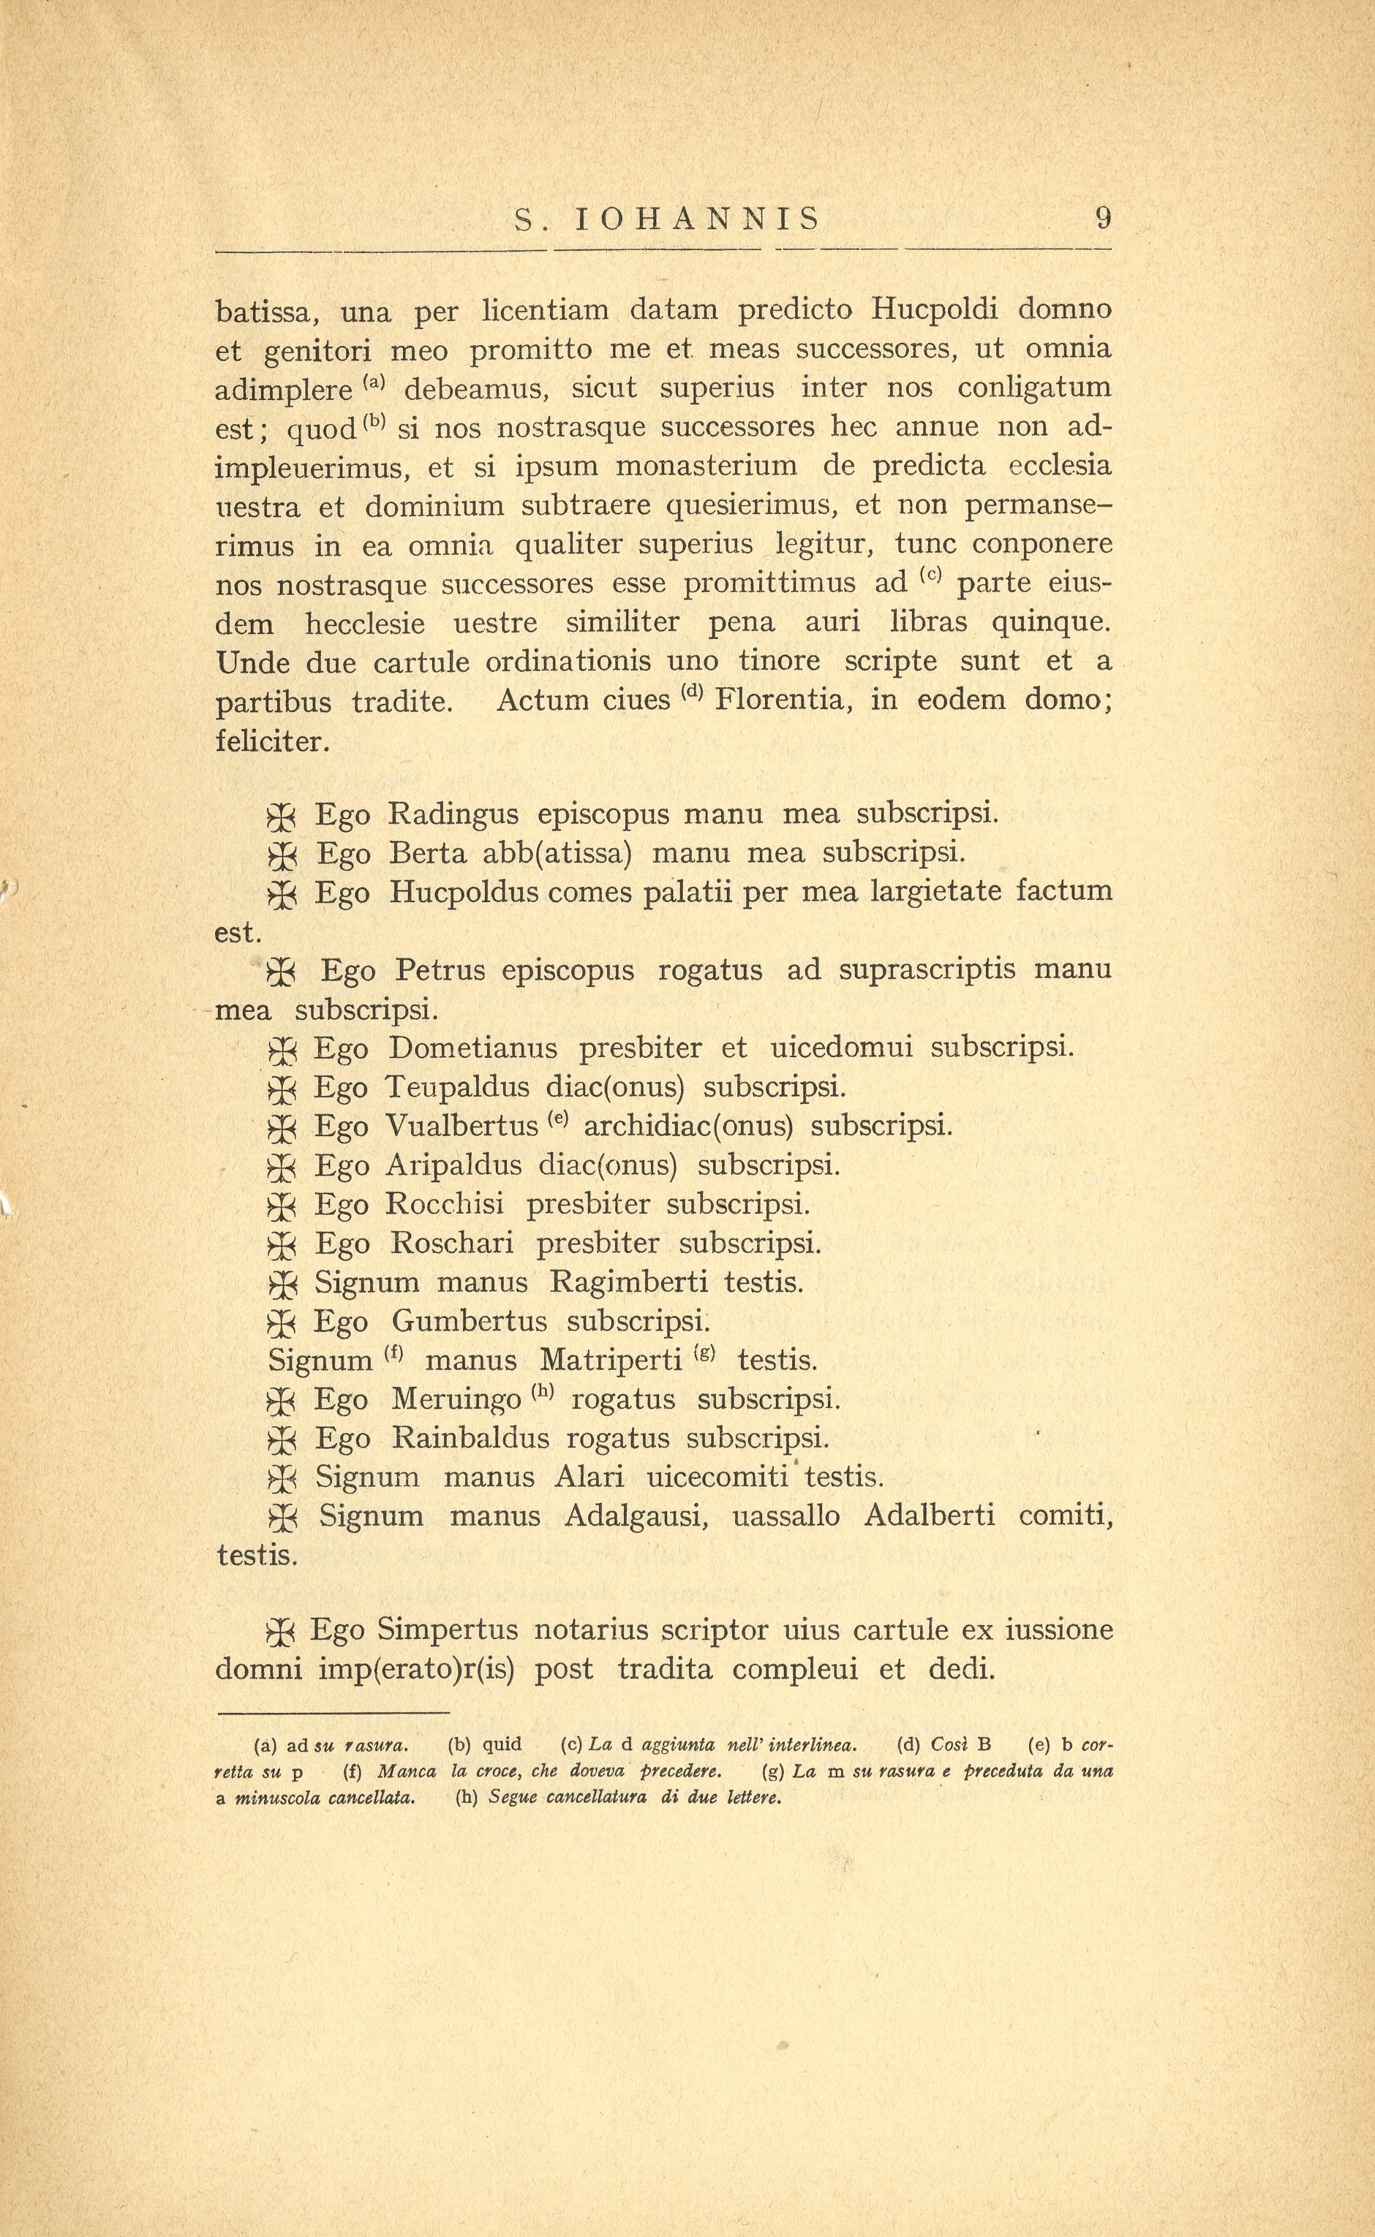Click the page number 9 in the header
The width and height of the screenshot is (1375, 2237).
pos(1103,219)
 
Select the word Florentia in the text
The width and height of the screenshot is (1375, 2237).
pos(784,701)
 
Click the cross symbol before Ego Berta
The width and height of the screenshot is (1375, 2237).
pos(283,855)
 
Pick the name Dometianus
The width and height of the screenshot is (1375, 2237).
pos(473,1048)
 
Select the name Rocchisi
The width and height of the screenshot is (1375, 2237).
pos(448,1205)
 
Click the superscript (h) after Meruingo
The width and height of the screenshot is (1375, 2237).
pos(542,1392)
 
